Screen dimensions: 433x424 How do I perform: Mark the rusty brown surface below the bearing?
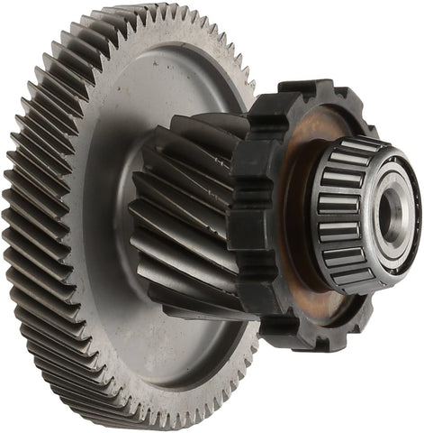tap(311, 293)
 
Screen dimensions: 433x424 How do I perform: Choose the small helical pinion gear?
tap(185, 216)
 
